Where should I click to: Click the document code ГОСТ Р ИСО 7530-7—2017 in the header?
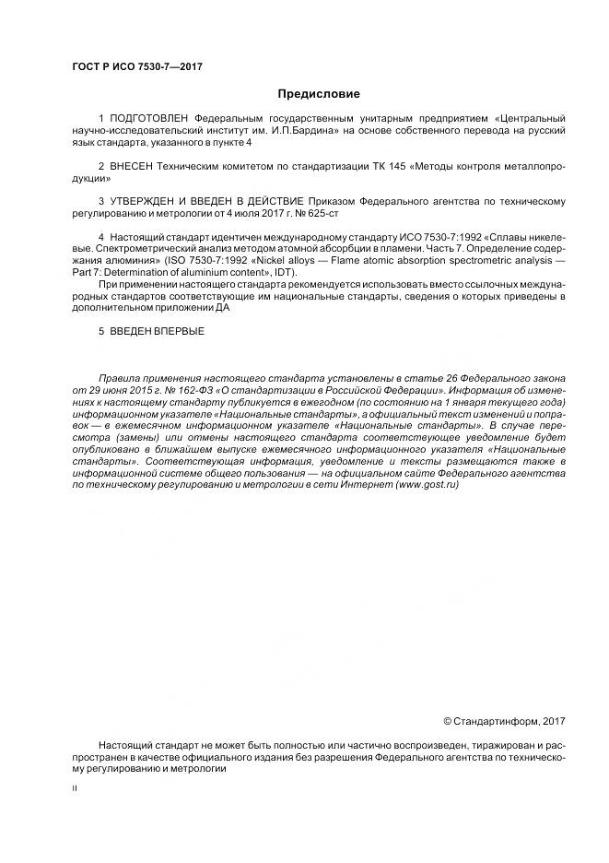(x=136, y=67)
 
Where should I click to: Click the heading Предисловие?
(x=319, y=94)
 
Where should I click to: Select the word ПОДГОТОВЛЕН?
(x=143, y=120)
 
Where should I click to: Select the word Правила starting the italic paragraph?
(x=118, y=379)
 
